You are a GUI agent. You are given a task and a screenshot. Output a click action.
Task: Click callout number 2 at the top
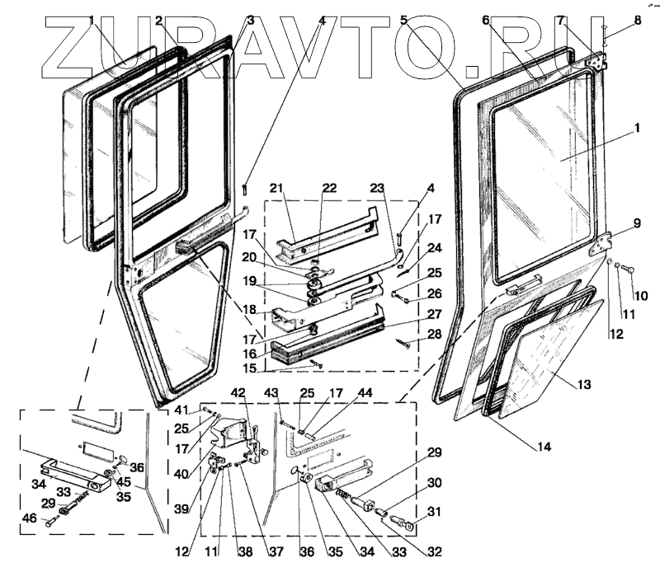pos(158,20)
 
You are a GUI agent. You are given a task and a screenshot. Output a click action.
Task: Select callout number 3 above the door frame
pos(251,20)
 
